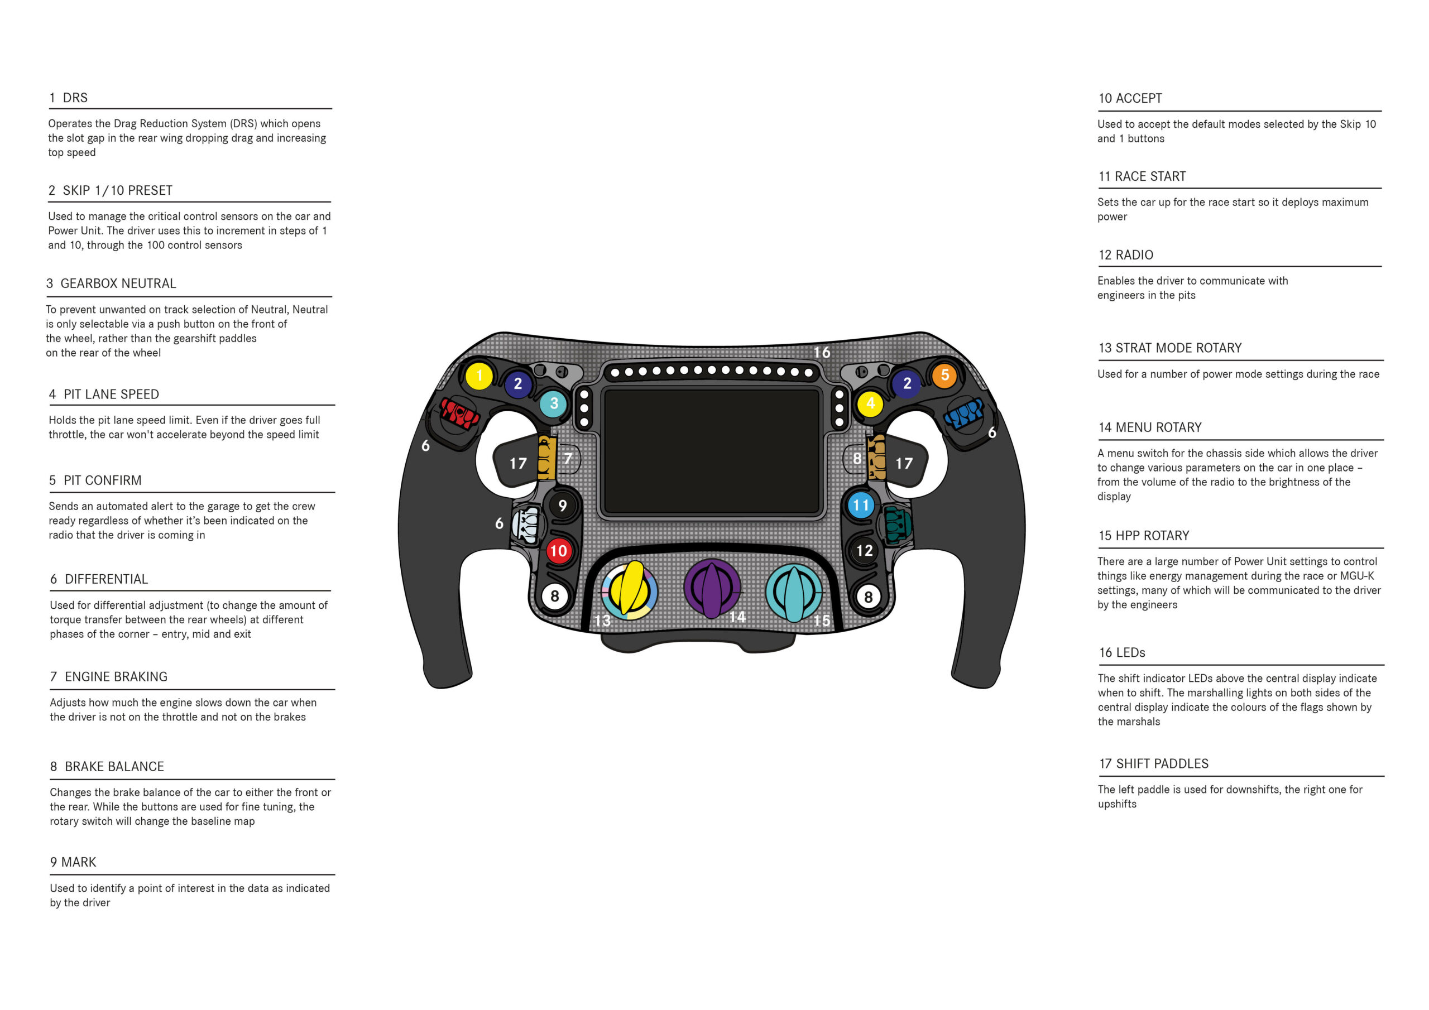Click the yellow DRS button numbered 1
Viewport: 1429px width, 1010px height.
coord(479,375)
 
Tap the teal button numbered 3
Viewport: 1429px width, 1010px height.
coord(553,403)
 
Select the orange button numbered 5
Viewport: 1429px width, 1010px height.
coord(944,374)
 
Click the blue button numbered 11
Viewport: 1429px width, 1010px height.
coord(861,504)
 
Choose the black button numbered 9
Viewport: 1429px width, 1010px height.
coord(562,506)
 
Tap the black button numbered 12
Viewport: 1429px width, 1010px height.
coord(864,550)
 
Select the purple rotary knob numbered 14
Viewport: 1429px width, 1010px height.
coord(712,588)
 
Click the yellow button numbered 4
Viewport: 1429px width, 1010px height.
coord(870,403)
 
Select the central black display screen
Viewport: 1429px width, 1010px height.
coord(711,450)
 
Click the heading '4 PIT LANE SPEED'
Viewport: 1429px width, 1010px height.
coord(104,394)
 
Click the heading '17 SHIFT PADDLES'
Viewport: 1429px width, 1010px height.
coord(1153,763)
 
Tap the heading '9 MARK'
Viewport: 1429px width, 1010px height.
coord(74,862)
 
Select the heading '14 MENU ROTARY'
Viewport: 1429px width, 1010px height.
coord(1149,427)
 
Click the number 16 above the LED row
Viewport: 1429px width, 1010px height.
coord(822,352)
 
